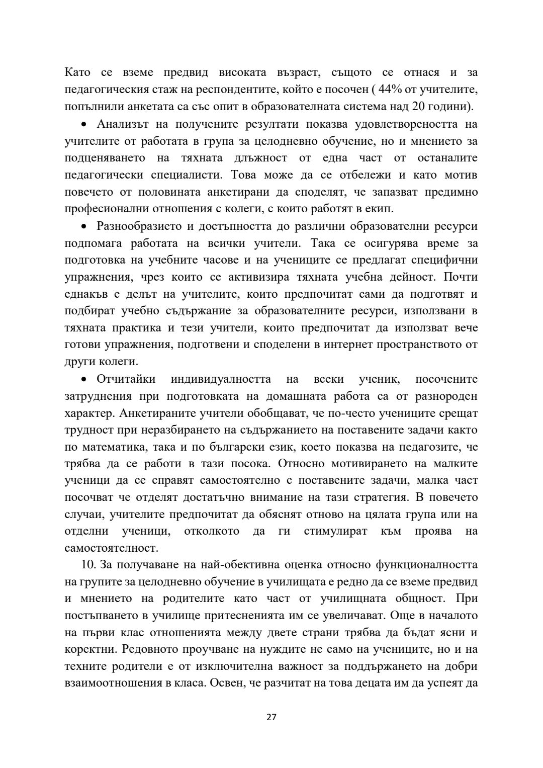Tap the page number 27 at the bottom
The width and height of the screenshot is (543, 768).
point(271,717)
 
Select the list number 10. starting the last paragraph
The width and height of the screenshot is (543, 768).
point(89,565)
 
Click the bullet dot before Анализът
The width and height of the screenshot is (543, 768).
point(84,124)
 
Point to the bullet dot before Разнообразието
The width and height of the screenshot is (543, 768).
point(84,227)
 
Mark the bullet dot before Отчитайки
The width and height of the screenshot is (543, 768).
point(84,380)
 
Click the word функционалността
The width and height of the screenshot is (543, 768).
point(426,565)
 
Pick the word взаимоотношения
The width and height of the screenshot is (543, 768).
point(116,684)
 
